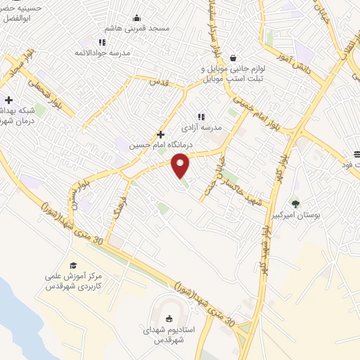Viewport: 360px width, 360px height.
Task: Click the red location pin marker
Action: [x=181, y=166]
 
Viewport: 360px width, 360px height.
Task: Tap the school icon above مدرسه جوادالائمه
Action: [x=103, y=42]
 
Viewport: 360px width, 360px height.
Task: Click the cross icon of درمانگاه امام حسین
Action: [x=161, y=134]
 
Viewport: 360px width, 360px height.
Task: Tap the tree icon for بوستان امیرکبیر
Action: [x=296, y=204]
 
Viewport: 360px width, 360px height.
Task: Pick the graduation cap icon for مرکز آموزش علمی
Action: [x=73, y=265]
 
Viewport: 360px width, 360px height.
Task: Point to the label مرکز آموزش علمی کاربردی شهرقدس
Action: [x=74, y=282]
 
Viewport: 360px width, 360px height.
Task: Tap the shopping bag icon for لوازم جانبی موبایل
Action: [x=233, y=58]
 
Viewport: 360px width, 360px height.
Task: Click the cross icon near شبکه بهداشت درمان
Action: [x=8, y=100]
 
